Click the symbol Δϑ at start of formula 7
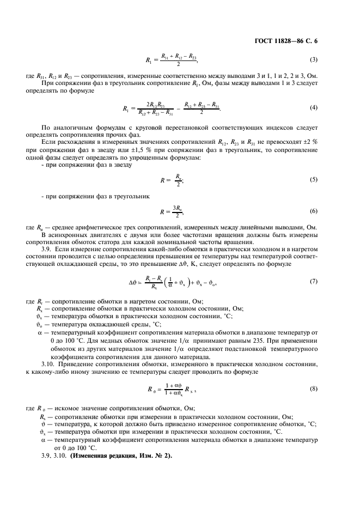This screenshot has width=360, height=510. click(134, 282)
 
